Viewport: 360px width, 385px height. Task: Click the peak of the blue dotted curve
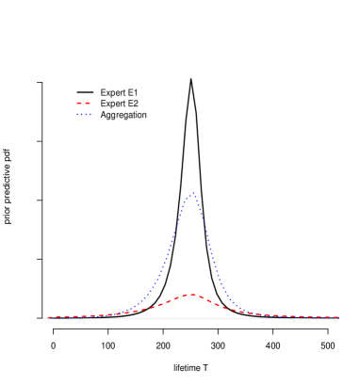click(x=192, y=193)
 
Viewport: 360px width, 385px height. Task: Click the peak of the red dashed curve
click(x=190, y=295)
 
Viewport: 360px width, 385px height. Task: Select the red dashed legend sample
click(x=84, y=103)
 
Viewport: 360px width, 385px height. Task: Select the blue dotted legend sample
click(x=84, y=115)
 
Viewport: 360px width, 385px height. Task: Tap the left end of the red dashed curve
click(x=45, y=317)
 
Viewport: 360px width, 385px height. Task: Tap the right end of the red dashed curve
click(x=337, y=317)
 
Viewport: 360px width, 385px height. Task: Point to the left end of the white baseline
click(x=43, y=318)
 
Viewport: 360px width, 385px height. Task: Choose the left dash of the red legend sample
click(x=79, y=103)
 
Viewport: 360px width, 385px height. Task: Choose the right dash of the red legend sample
click(x=88, y=103)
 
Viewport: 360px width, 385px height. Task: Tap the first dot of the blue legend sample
click(x=78, y=115)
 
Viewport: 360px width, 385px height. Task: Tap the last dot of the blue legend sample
click(x=90, y=115)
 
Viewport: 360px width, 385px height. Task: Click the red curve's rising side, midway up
click(x=162, y=305)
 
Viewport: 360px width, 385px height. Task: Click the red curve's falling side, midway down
click(x=219, y=305)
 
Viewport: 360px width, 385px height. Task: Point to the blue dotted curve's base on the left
click(x=104, y=315)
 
